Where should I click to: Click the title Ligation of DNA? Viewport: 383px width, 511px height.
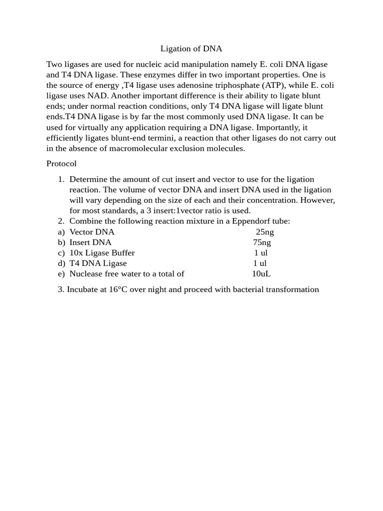[191, 49]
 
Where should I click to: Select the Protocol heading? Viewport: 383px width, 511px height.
[61, 164]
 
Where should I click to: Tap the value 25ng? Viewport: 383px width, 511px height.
[264, 232]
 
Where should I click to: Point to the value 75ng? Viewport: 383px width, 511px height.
[262, 243]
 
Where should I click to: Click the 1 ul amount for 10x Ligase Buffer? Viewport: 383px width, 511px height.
[260, 253]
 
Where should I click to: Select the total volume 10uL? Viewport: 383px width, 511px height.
[261, 274]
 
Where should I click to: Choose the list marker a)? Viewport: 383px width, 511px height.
[61, 232]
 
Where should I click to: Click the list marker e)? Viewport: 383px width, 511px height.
[61, 274]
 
